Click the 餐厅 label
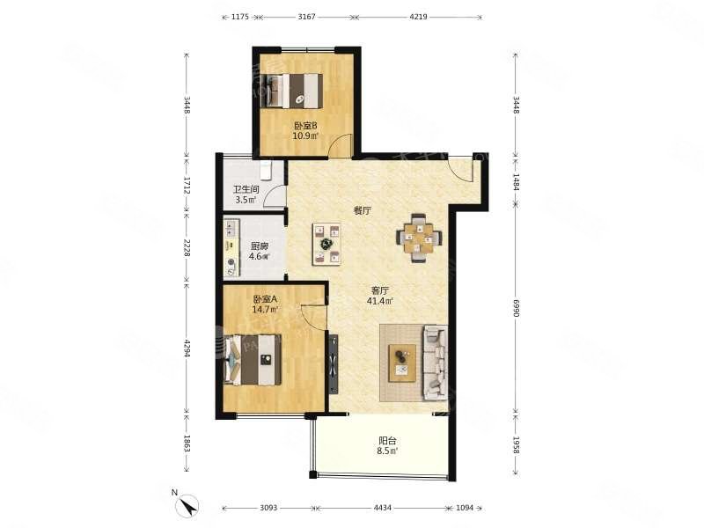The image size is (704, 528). pyautogui.click(x=362, y=211)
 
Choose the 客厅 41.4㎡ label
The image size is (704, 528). pyautogui.click(x=379, y=295)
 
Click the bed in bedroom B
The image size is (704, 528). pyautogui.click(x=296, y=90)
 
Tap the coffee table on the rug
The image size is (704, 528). pyautogui.click(x=403, y=361)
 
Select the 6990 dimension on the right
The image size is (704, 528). pyautogui.click(x=517, y=311)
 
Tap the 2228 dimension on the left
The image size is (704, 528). pyautogui.click(x=187, y=249)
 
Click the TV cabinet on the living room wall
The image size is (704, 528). pyautogui.click(x=333, y=363)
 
